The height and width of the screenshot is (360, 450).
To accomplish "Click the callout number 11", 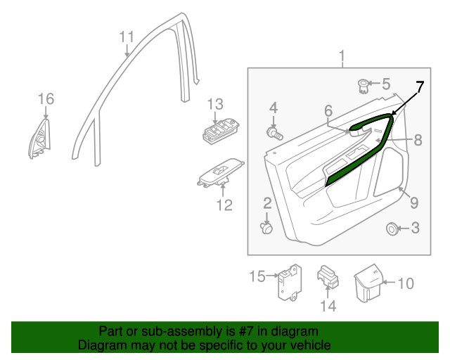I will point(126,37).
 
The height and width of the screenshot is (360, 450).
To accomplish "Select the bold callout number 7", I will point(419,87).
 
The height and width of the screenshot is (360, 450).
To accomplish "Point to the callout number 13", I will point(214,104).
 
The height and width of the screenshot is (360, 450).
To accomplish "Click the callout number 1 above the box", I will point(342,56).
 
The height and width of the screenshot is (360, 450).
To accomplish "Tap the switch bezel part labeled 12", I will point(219,175).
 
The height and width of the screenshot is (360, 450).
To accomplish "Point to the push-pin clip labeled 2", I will point(267,228).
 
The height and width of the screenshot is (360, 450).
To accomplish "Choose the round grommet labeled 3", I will point(391,229).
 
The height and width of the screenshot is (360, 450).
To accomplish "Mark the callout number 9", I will point(414,203).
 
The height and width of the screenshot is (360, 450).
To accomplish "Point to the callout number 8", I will point(418,141).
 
